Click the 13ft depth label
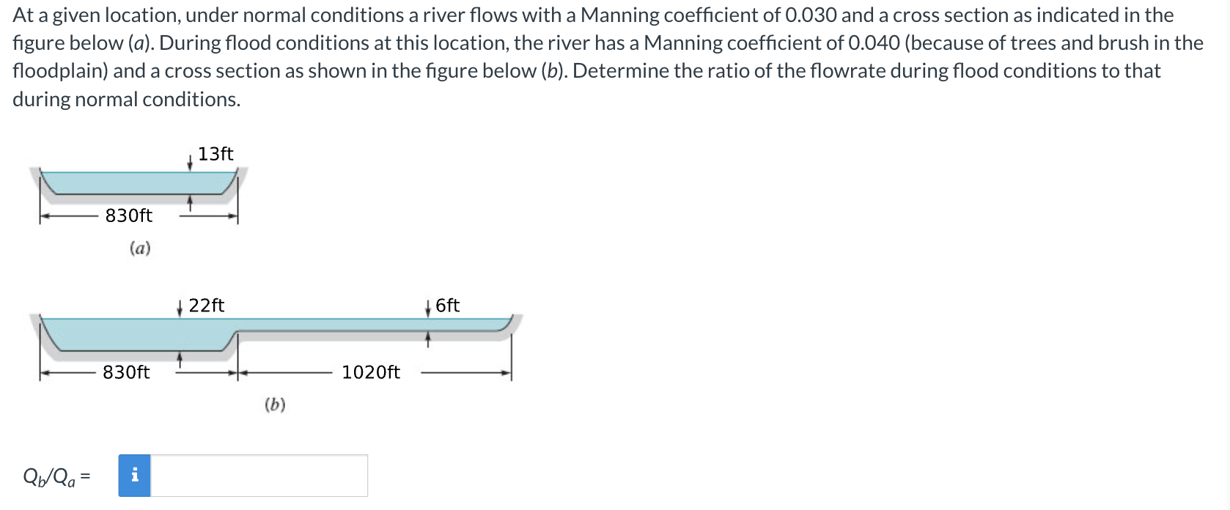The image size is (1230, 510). tap(216, 154)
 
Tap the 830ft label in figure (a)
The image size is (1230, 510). tap(129, 215)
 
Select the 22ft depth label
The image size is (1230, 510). tap(207, 306)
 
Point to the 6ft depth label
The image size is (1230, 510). tap(447, 306)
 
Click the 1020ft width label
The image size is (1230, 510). tap(371, 372)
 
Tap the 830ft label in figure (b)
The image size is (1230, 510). tap(126, 372)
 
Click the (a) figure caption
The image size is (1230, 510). tap(140, 248)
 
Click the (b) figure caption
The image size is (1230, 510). tap(275, 404)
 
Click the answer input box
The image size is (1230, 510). tap(259, 476)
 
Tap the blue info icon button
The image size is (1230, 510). tap(135, 476)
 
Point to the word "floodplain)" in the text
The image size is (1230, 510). tap(60, 71)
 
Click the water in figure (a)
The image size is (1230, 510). tap(139, 182)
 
